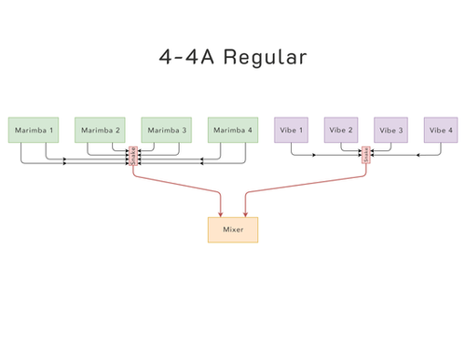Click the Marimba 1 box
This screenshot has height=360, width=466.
[x=33, y=130]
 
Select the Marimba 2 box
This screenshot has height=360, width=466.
[x=100, y=130]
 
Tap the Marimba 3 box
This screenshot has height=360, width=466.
[x=166, y=130]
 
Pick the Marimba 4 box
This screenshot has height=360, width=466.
[x=233, y=130]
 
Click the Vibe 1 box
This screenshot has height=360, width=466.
[x=291, y=130]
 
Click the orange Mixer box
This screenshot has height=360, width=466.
[x=232, y=229]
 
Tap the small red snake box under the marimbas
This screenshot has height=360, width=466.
[x=133, y=156]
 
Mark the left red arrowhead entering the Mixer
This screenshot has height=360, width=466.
[x=220, y=214]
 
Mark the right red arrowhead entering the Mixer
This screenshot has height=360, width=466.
[x=245, y=214]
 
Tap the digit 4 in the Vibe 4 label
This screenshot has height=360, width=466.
[x=451, y=130]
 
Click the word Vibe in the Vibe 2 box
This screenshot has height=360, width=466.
[x=336, y=130]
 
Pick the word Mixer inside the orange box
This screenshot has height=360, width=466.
[x=232, y=229]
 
